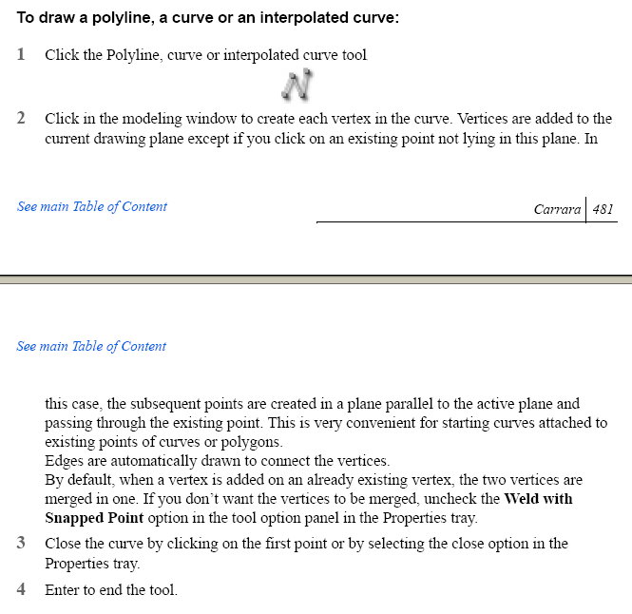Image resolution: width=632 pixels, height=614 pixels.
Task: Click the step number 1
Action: pos(21,54)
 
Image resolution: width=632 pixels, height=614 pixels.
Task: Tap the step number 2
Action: pos(21,119)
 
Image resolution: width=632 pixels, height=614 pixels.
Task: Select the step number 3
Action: pos(21,544)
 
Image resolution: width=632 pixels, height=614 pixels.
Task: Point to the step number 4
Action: pos(21,589)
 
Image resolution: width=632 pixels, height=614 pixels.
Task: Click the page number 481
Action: pos(603,209)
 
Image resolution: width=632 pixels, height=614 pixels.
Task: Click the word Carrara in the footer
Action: pos(557,209)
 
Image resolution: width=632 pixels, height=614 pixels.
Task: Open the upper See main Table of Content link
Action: pos(92,206)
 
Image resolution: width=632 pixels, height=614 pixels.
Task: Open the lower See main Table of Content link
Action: pos(91,346)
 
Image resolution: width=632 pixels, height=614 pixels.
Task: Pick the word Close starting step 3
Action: pos(64,544)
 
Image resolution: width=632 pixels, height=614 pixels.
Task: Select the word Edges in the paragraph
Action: pos(65,461)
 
